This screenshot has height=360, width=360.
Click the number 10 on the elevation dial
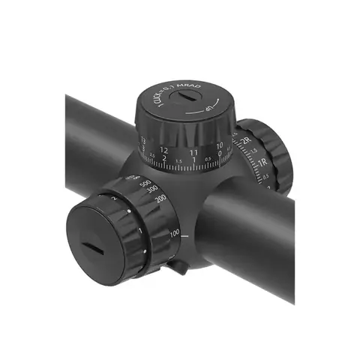pos(219,145)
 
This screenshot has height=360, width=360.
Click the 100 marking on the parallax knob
pos(174,234)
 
